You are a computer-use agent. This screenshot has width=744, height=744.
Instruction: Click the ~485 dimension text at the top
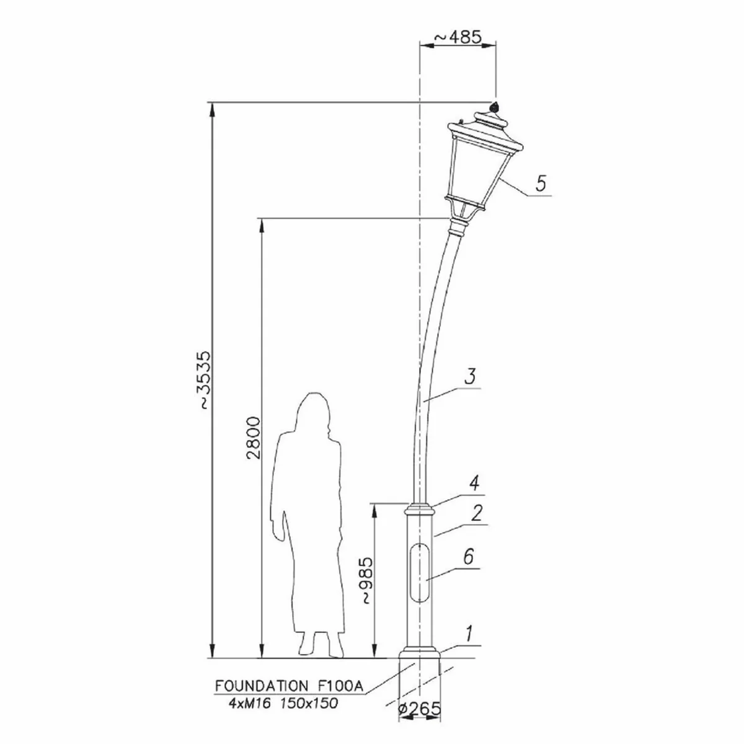[458, 37]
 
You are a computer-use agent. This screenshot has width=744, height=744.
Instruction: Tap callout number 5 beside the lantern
[541, 183]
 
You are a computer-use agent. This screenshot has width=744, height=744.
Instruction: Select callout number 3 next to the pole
[470, 376]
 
